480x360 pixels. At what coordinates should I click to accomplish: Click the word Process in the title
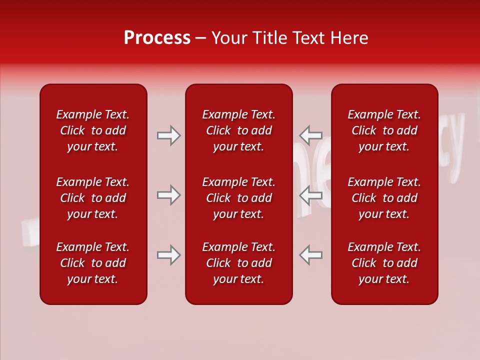pyautogui.click(x=157, y=38)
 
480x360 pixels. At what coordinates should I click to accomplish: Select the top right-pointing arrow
pyautogui.click(x=168, y=135)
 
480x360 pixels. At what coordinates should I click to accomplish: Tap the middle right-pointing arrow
pyautogui.click(x=168, y=195)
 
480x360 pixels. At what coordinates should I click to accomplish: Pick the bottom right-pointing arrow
pyautogui.click(x=168, y=255)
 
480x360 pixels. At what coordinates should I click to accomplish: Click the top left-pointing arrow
pyautogui.click(x=310, y=135)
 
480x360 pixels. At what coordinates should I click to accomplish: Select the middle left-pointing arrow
pyautogui.click(x=310, y=195)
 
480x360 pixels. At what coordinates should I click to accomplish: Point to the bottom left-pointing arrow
pyautogui.click(x=310, y=255)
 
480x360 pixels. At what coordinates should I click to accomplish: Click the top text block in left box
pyautogui.click(x=93, y=130)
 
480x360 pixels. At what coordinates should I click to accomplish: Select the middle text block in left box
pyautogui.click(x=93, y=198)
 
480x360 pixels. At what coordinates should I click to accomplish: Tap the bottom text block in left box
pyautogui.click(x=93, y=263)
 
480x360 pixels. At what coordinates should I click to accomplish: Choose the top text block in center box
pyautogui.click(x=238, y=130)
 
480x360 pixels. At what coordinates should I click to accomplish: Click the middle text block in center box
pyautogui.click(x=238, y=198)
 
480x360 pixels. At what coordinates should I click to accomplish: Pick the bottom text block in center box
pyautogui.click(x=238, y=263)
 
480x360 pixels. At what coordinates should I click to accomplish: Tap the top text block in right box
pyautogui.click(x=384, y=130)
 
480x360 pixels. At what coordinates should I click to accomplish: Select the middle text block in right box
pyautogui.click(x=384, y=198)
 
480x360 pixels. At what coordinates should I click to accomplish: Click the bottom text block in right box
pyautogui.click(x=384, y=263)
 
